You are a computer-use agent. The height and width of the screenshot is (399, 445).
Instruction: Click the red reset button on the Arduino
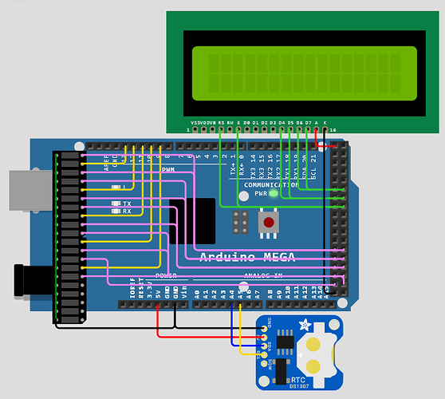(269, 222)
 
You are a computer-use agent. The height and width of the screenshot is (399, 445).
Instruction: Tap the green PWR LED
(273, 193)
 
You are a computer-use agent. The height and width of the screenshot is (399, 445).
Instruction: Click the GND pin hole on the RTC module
(265, 327)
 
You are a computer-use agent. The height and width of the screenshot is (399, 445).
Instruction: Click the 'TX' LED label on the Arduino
(127, 203)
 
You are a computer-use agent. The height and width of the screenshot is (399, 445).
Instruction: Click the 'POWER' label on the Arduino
(166, 275)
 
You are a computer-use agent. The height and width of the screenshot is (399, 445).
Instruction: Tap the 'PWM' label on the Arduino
(168, 169)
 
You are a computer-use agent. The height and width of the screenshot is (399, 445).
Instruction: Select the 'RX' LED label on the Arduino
(127, 211)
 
